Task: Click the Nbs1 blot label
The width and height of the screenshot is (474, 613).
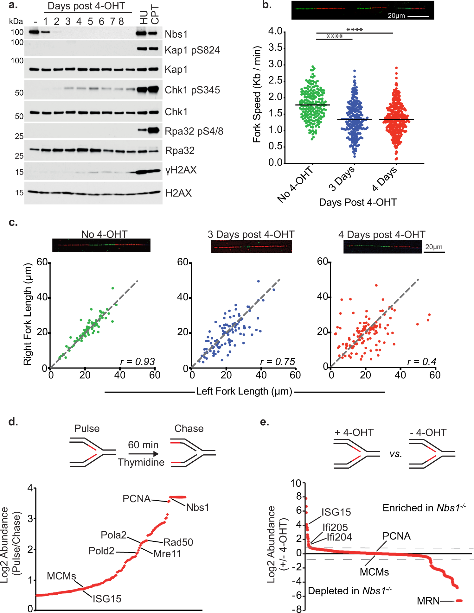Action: pyautogui.click(x=176, y=34)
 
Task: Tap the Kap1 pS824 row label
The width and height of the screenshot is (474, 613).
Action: pyautogui.click(x=192, y=50)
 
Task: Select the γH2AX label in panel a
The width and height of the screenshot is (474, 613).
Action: pyautogui.click(x=181, y=170)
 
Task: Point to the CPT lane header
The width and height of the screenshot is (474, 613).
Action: pyautogui.click(x=155, y=15)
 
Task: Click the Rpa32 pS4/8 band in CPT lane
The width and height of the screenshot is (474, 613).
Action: pyautogui.click(x=154, y=130)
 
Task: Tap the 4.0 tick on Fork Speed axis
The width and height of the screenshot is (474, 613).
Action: pyautogui.click(x=275, y=31)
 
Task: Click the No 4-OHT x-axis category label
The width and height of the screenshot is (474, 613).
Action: pyautogui.click(x=295, y=185)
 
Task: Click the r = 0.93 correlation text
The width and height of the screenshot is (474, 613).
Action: pyautogui.click(x=137, y=362)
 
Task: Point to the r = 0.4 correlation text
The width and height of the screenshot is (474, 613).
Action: pyautogui.click(x=421, y=362)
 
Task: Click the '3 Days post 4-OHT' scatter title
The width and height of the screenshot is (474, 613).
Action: pyautogui.click(x=251, y=235)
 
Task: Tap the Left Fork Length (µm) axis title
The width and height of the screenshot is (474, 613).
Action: pyautogui.click(x=244, y=392)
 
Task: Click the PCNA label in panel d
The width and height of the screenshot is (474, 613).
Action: pyautogui.click(x=137, y=499)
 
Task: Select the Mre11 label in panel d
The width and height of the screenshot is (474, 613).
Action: pyautogui.click(x=167, y=554)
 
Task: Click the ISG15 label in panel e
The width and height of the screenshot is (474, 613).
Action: pyautogui.click(x=336, y=512)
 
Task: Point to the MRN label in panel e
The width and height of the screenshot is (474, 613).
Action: pyautogui.click(x=428, y=601)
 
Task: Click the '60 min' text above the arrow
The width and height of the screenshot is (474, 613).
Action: pyautogui.click(x=143, y=445)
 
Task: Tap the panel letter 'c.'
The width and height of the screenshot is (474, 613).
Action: pyautogui.click(x=13, y=223)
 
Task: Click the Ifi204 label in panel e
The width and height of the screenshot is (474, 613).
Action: pyautogui.click(x=339, y=537)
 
